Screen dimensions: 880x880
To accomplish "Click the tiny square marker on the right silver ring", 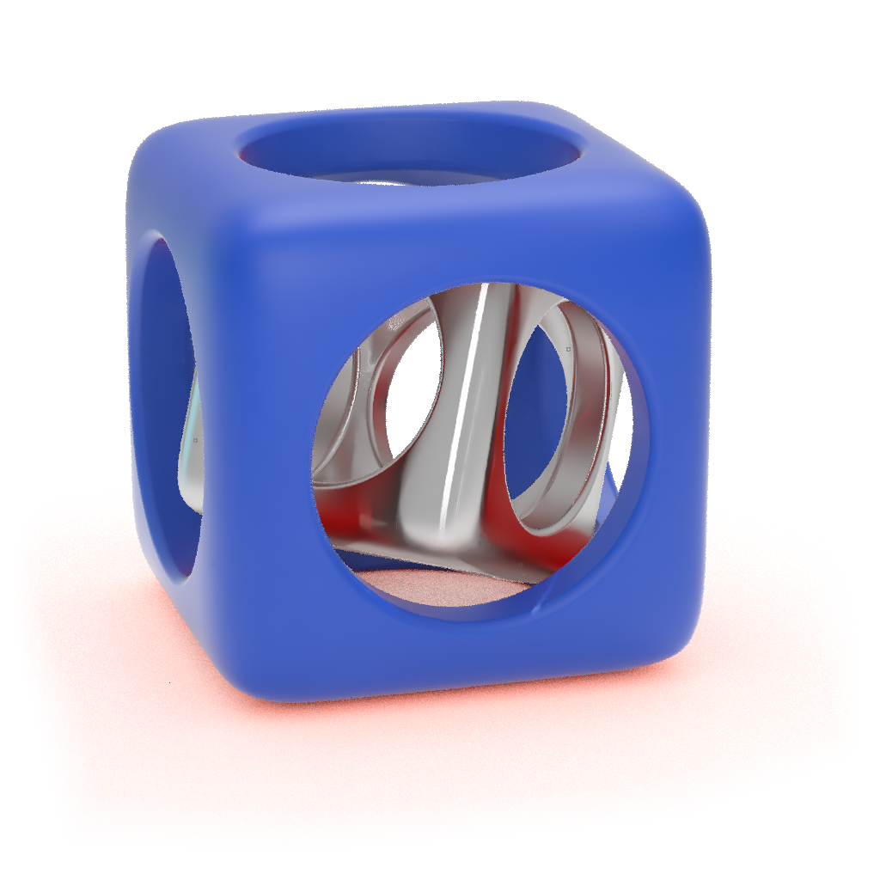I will (568, 350).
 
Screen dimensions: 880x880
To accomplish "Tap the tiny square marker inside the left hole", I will (195, 440).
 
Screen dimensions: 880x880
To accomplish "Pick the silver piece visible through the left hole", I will (193, 455).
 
